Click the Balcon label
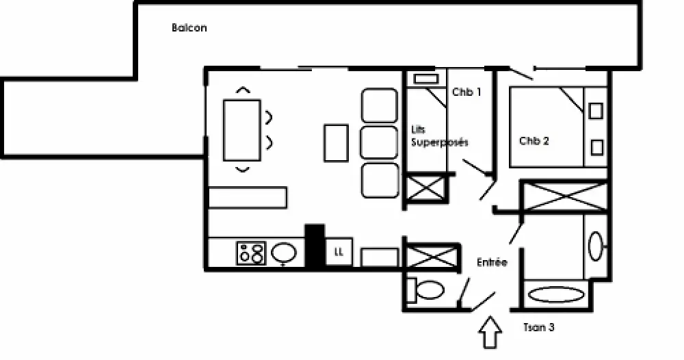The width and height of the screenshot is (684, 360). click(x=189, y=28)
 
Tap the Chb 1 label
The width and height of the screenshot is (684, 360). click(x=466, y=92)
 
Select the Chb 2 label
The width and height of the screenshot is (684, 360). click(x=534, y=141)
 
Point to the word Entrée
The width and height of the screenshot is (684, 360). click(x=492, y=262)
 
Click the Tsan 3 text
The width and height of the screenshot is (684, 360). click(x=539, y=327)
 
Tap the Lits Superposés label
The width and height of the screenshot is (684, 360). click(x=439, y=136)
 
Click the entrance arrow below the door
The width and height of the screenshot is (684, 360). click(x=490, y=332)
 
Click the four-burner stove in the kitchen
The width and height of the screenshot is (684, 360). click(x=251, y=253)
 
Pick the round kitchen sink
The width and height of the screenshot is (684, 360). click(x=284, y=253)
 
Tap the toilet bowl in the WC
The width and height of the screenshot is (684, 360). click(x=430, y=290)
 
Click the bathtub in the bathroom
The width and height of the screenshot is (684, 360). click(x=556, y=294)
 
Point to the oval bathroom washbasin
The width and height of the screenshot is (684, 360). click(x=596, y=246)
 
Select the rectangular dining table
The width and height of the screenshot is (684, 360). click(x=242, y=130)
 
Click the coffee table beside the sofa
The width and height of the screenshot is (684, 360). click(x=337, y=143)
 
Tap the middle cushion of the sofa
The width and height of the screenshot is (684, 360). click(x=379, y=142)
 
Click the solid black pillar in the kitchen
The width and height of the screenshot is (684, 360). click(x=315, y=246)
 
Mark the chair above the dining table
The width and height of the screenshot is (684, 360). click(x=244, y=90)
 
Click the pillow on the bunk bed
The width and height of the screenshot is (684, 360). click(x=426, y=79)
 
